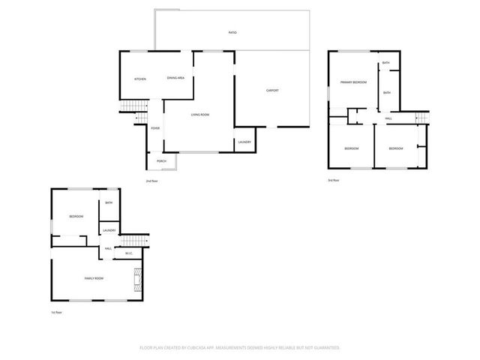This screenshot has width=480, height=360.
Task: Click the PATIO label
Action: point(232,33)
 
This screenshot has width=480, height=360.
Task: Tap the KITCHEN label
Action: point(139,79)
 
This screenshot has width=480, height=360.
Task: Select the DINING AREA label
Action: point(176,78)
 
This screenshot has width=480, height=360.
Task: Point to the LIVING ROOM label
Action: point(199,114)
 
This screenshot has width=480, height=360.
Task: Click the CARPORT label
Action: point(272,90)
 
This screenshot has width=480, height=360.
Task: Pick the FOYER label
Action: point(155,128)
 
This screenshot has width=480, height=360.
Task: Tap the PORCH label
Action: point(161,161)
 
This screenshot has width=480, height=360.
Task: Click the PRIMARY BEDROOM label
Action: point(353,82)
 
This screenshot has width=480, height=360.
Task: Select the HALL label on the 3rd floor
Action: point(388,118)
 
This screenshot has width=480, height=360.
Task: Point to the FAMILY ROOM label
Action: point(94,278)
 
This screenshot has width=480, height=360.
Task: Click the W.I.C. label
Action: point(129,253)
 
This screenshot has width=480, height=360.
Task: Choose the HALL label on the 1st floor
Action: point(109,248)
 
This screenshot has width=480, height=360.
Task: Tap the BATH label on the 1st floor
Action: point(109,203)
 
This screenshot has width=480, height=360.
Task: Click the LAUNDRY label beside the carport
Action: point(244,142)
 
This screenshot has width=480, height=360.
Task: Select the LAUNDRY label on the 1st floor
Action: point(109,230)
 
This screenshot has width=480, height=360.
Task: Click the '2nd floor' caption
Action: point(152,181)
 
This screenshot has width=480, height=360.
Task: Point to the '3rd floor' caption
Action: point(334,181)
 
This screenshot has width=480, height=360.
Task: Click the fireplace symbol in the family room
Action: point(137,281)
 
